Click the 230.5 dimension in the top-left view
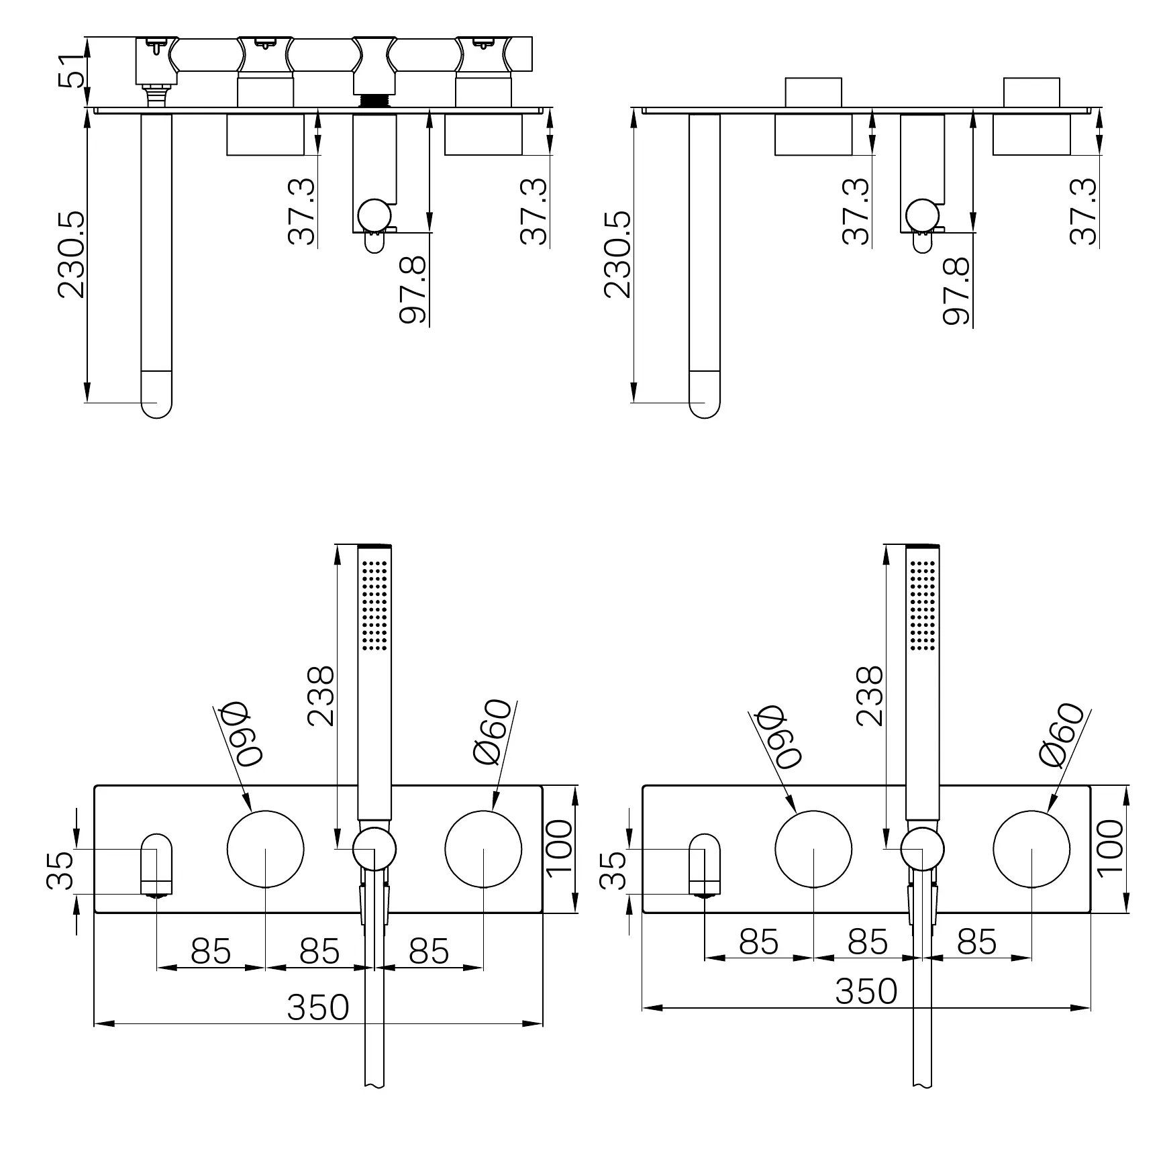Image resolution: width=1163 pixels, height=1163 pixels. tap(72, 254)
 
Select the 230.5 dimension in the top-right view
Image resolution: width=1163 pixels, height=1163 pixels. tap(617, 254)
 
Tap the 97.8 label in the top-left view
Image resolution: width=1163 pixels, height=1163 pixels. tap(412, 291)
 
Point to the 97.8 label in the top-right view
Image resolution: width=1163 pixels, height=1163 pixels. tap(956, 291)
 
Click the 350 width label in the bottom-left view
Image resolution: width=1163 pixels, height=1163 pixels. tap(318, 1007)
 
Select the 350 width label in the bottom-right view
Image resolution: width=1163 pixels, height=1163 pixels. tap(866, 991)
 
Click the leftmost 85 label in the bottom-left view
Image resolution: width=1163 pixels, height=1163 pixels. tap(211, 951)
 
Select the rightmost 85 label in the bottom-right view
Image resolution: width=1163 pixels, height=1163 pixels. tap(976, 942)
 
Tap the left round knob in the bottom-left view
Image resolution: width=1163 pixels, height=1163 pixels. tap(266, 849)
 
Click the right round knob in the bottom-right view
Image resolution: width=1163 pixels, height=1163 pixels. tap(1031, 849)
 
